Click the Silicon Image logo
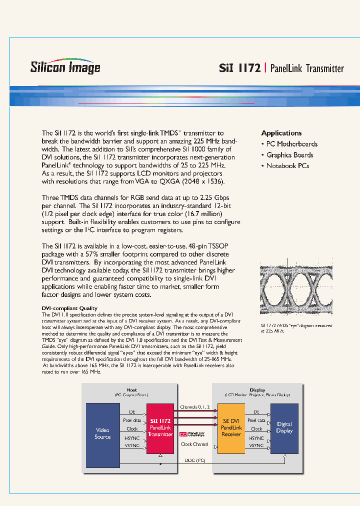pyautogui.click(x=65, y=67)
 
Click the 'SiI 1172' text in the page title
pyautogui.click(x=239, y=68)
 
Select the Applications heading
pyautogui.click(x=281, y=133)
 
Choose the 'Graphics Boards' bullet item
pyautogui.click(x=289, y=155)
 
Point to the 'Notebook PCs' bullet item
pyautogui.click(x=287, y=166)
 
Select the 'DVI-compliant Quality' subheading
pyautogui.click(x=69, y=308)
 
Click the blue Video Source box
pyautogui.click(x=102, y=433)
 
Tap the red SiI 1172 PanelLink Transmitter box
pyautogui.click(x=160, y=428)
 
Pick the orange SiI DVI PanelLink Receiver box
pyautogui.click(x=231, y=428)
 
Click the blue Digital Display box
pyautogui.click(x=284, y=427)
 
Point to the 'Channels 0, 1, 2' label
pyautogui.click(x=195, y=407)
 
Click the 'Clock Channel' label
pyautogui.click(x=194, y=444)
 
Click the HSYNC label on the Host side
pyautogui.click(x=131, y=437)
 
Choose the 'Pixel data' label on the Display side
pyautogui.click(x=256, y=420)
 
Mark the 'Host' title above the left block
pyautogui.click(x=131, y=390)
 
